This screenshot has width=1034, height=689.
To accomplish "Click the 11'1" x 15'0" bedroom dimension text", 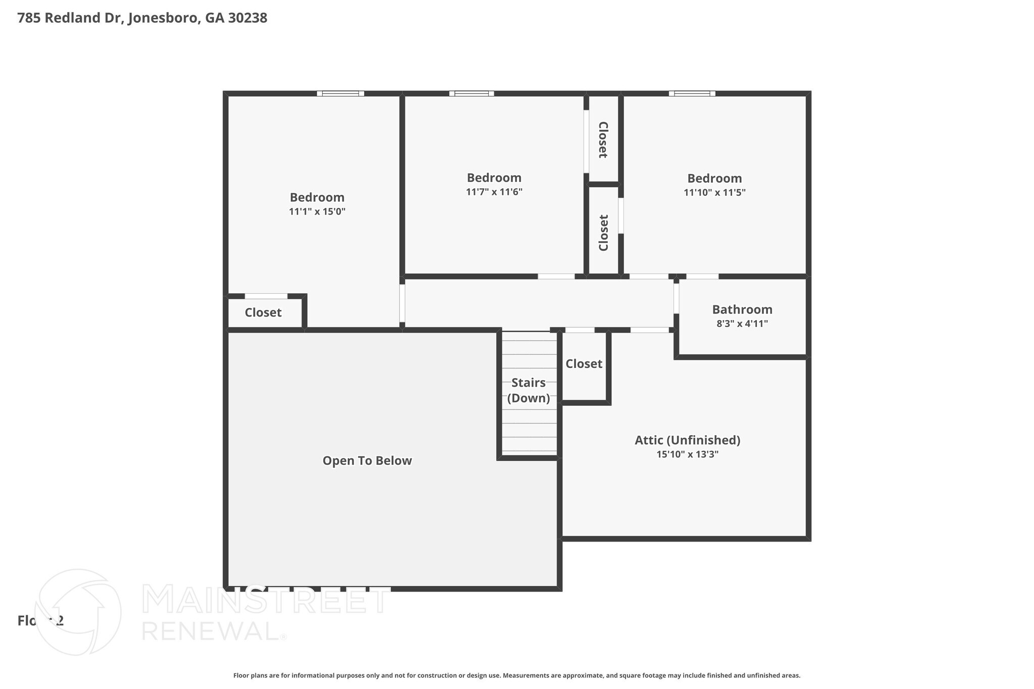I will [317, 211].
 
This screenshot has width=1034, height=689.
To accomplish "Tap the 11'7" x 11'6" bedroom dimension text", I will [494, 192].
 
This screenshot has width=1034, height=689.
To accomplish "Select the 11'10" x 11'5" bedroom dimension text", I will [714, 192].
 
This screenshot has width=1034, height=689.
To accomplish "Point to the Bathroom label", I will [742, 309].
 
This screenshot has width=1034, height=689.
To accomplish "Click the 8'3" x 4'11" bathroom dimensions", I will [742, 324].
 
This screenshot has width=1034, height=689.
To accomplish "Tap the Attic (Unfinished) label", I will [687, 440].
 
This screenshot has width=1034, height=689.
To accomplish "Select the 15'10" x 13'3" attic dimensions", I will [687, 454].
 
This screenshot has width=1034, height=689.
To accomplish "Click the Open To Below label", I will [367, 461].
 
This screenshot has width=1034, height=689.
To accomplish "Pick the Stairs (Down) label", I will [529, 390].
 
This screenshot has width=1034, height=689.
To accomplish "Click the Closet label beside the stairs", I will [584, 364].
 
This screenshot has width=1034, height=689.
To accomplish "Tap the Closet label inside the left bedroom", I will [263, 312].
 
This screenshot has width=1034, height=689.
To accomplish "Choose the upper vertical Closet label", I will [603, 140].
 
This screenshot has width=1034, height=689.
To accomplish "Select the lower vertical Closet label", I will [604, 233].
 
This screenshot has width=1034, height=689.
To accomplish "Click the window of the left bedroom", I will [340, 93].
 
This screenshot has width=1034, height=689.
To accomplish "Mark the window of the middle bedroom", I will [472, 93].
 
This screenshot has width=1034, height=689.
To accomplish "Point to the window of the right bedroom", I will [692, 93].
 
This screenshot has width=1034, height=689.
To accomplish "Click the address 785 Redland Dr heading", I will [142, 18].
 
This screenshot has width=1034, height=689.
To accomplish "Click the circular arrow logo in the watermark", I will [78, 612].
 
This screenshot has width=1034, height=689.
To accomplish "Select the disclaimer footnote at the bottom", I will [516, 675].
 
